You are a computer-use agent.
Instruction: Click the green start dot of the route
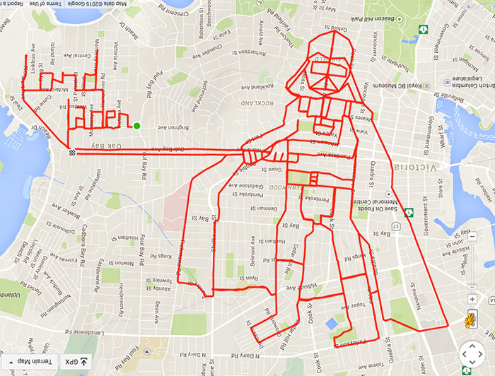point(136,126)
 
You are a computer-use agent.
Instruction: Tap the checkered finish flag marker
point(71,152)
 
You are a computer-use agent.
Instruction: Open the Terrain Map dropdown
point(27,362)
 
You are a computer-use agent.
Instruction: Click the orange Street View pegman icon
point(467,319)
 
